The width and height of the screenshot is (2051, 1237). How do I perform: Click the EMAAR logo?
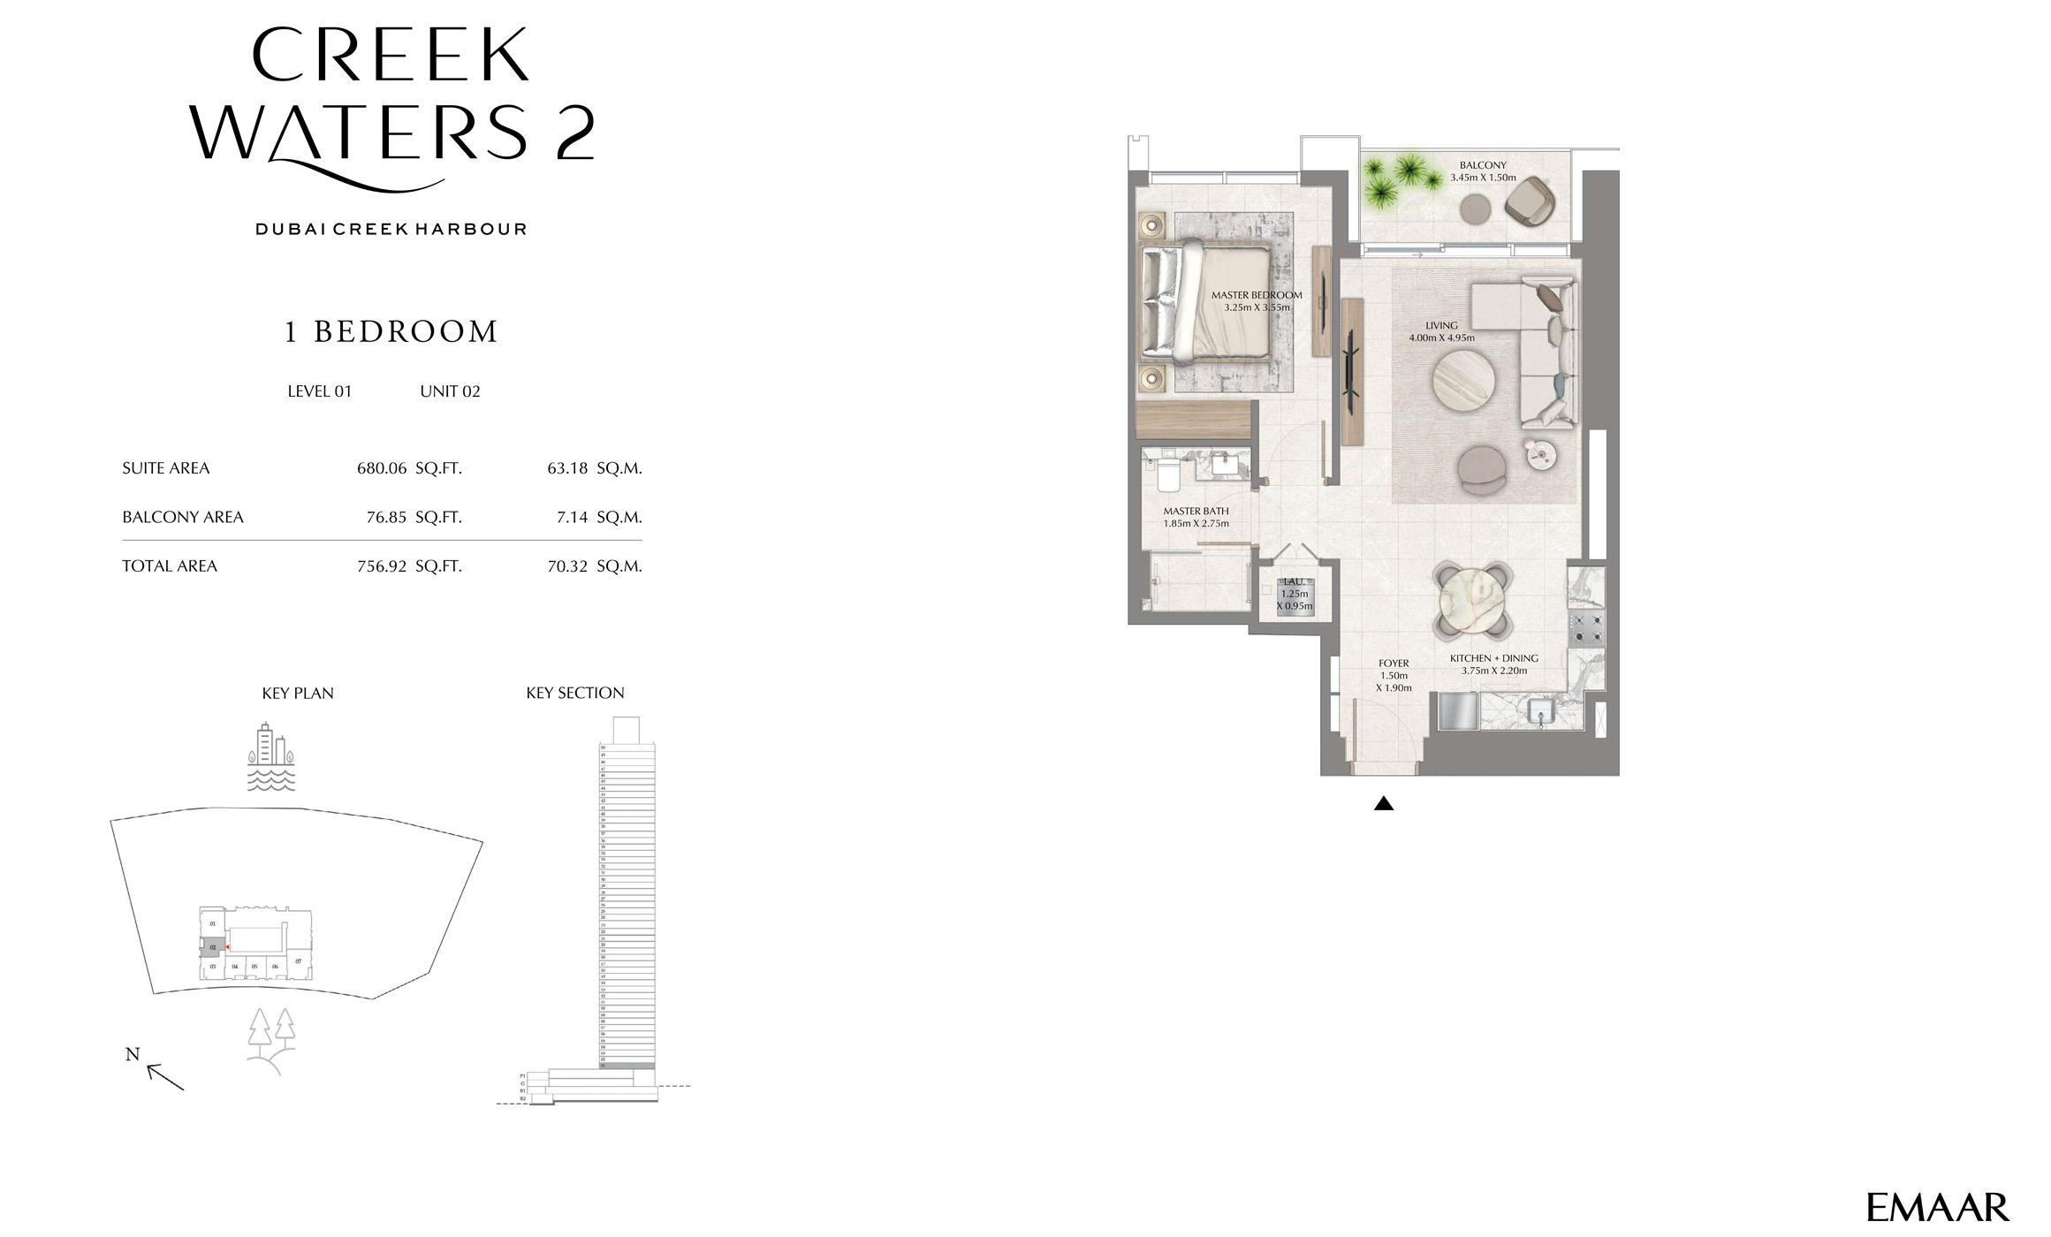1937,1208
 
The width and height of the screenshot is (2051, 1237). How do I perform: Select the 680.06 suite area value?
382,468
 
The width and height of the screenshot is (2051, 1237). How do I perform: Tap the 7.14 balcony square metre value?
572,517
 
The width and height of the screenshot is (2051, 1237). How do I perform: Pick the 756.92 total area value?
382,566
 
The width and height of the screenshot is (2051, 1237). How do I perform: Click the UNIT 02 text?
450,391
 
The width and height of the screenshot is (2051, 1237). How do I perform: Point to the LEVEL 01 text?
319,391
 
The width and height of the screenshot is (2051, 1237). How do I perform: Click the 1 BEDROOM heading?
391,332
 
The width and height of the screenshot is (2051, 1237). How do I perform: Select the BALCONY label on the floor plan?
1482,165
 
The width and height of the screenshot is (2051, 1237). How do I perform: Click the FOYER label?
1394,664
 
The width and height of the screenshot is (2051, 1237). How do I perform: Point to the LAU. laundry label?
1294,582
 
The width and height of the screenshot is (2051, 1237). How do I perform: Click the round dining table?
1471,600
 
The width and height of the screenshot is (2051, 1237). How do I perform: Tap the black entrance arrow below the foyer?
1384,803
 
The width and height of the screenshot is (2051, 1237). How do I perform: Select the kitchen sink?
1541,712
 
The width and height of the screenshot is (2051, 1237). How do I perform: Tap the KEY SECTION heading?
574,694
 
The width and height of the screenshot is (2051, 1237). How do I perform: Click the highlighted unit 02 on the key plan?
212,947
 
